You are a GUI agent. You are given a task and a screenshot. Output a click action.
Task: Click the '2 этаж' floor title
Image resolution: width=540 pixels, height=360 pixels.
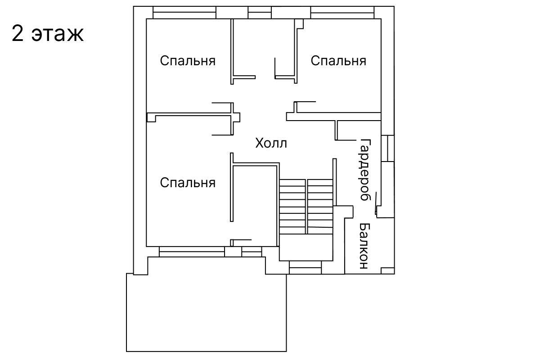click(x=48, y=33)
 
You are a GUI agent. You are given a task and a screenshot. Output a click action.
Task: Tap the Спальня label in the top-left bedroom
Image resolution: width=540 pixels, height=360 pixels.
click(x=188, y=61)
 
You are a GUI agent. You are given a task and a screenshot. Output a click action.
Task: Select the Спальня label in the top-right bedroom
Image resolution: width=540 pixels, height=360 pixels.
click(x=338, y=61)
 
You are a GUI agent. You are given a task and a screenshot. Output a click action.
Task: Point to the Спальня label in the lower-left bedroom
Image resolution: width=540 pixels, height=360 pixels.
click(x=188, y=183)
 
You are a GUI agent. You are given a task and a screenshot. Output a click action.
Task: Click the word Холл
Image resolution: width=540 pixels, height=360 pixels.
click(x=271, y=143)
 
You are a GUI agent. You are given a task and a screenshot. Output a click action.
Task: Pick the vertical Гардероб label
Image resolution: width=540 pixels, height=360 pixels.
click(x=365, y=170)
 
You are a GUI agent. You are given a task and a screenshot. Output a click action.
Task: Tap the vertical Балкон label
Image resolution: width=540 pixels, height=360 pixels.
click(x=364, y=246)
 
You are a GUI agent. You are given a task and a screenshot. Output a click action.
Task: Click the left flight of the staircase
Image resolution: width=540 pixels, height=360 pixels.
click(x=292, y=207)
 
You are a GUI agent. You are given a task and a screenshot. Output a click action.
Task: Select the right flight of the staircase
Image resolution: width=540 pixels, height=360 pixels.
click(x=320, y=207)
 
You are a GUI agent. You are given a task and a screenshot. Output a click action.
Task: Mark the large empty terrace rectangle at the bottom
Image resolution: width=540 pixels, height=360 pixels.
click(x=207, y=313)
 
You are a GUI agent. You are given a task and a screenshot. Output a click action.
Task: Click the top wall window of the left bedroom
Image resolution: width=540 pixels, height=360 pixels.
click(x=184, y=13)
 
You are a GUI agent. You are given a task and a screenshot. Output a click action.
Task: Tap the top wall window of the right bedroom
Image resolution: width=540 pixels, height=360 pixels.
click(x=342, y=13)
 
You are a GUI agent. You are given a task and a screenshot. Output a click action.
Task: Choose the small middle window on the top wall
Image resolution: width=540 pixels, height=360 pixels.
click(x=260, y=13)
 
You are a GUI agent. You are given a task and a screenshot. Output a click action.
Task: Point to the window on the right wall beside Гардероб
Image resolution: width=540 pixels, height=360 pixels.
click(x=387, y=148)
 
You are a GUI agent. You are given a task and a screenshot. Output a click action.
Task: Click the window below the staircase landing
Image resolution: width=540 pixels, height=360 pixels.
click(x=305, y=268)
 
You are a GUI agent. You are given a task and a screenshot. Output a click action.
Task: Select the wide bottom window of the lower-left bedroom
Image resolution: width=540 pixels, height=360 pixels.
click(x=192, y=252)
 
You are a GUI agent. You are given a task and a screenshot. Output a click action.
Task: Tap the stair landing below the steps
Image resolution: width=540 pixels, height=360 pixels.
click(x=306, y=247)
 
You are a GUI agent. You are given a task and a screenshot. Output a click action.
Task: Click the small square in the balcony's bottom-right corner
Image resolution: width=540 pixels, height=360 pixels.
click(x=387, y=271)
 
